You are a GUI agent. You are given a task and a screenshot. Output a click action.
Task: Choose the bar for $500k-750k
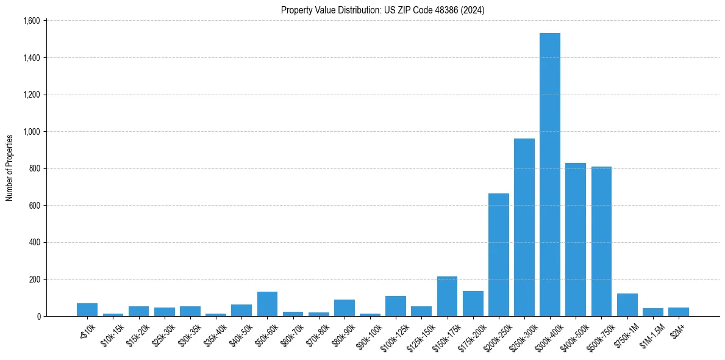tap(601, 241)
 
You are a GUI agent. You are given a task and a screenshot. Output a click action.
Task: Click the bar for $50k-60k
tap(267, 304)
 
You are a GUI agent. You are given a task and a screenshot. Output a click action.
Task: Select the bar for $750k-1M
tap(627, 305)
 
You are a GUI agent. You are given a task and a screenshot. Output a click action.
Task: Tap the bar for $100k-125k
tap(396, 306)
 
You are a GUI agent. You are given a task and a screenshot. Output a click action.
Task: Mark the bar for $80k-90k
tap(344, 308)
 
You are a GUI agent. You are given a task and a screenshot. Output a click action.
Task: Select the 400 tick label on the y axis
tap(34, 243)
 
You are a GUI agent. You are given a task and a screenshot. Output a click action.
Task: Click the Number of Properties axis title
tap(10, 168)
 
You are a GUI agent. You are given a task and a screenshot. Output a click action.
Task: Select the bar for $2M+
tap(678, 312)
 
